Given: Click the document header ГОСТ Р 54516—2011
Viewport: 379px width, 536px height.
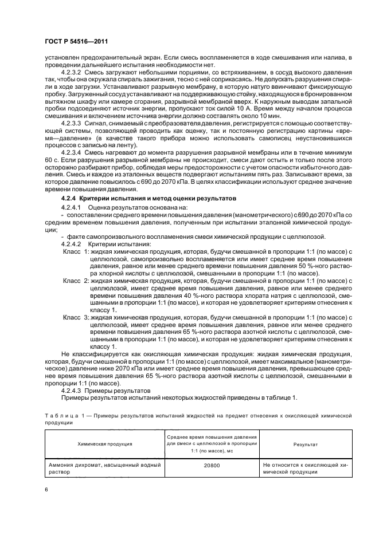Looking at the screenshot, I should (76, 41).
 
